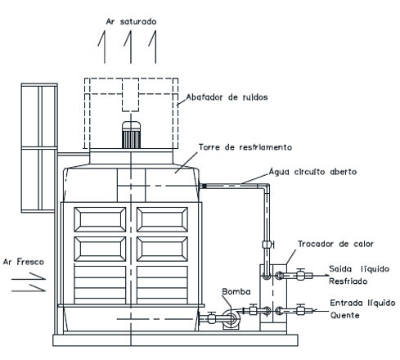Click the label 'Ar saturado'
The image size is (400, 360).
(x=131, y=21)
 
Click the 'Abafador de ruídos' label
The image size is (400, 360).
(x=227, y=97)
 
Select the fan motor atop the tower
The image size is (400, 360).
(x=131, y=135)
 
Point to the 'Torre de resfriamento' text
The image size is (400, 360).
(x=245, y=147)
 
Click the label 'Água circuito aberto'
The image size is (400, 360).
(x=312, y=172)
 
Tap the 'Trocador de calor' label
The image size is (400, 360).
(x=335, y=244)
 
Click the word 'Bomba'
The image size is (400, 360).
(x=236, y=291)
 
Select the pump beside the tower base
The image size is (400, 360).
(x=231, y=318)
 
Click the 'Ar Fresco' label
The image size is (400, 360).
(x=24, y=262)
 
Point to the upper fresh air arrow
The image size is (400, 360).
(x=29, y=277)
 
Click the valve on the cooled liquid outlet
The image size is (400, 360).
(x=300, y=274)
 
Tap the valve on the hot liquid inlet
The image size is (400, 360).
(x=300, y=309)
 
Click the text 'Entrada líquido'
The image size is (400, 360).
(x=362, y=303)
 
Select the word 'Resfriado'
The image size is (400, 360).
(x=348, y=281)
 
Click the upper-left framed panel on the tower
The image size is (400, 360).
(x=100, y=219)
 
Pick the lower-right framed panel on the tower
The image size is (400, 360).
(x=162, y=249)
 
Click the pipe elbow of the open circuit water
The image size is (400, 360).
(x=266, y=187)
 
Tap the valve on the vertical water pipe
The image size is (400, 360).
(x=267, y=245)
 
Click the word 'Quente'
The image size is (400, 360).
(x=344, y=316)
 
